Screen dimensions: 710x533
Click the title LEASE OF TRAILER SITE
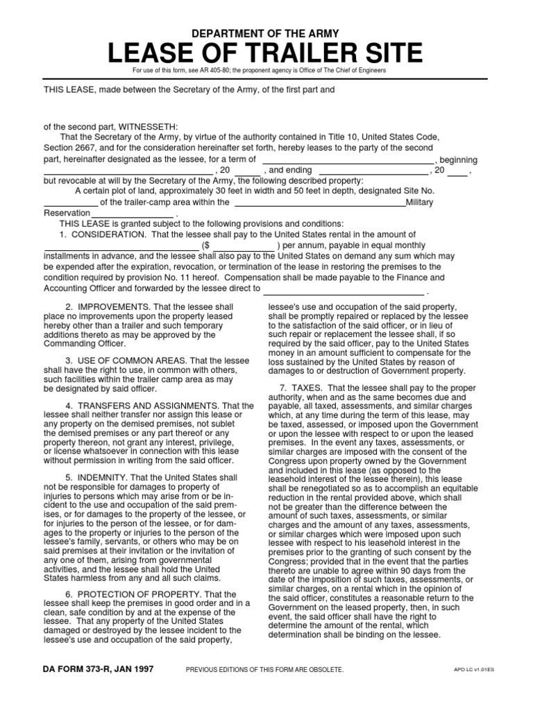click(266, 53)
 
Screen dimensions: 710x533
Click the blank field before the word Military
click(320, 202)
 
